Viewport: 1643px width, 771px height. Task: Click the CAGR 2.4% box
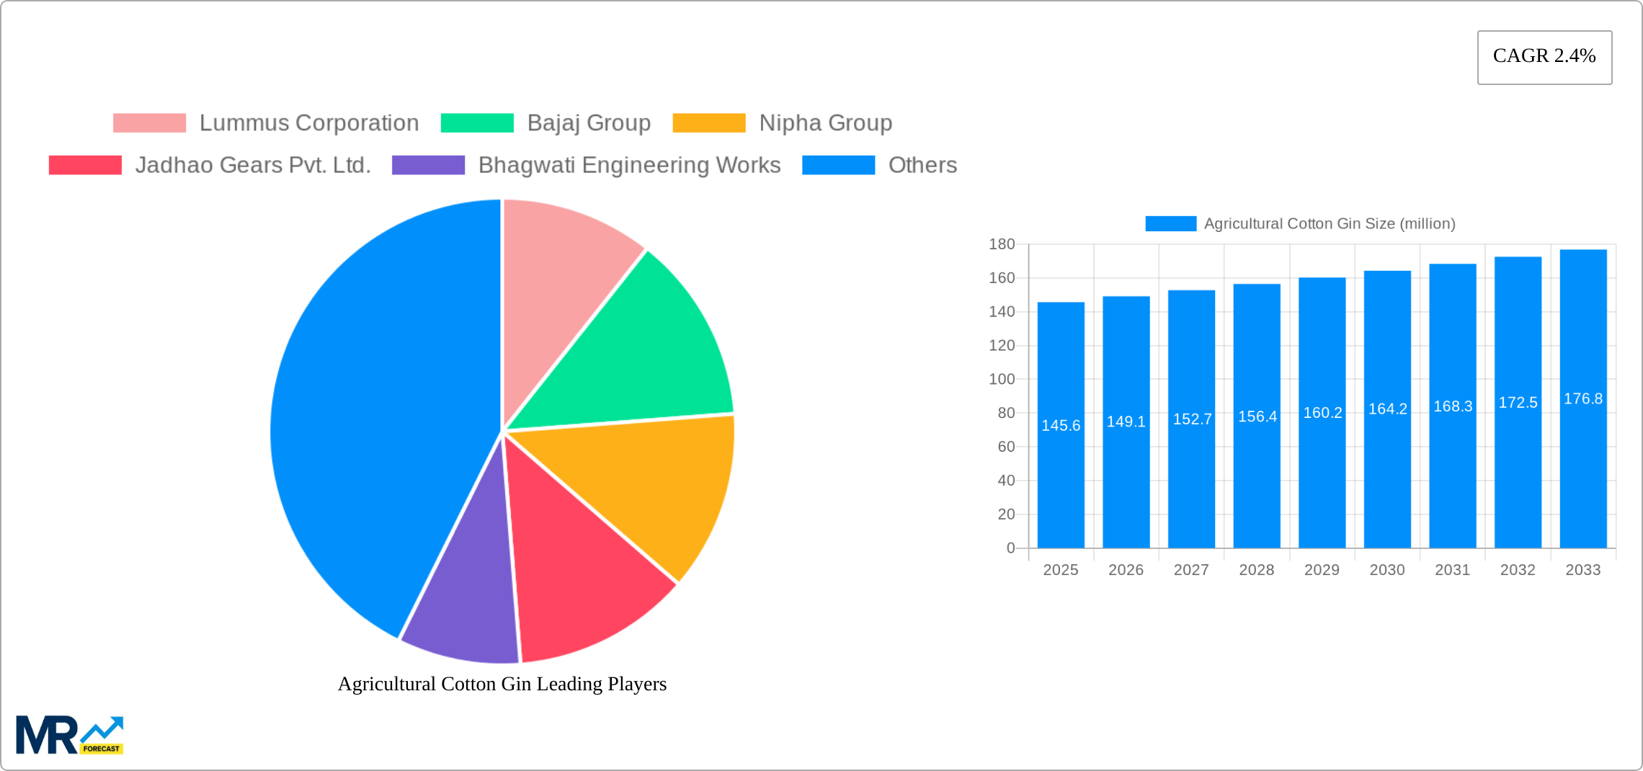pos(1544,57)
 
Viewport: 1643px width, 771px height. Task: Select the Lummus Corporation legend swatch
pos(149,123)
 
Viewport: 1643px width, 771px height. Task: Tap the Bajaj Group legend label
pos(589,123)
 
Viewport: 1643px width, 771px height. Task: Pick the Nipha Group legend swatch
pos(708,123)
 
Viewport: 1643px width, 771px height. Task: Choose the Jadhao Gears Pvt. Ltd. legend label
pos(253,165)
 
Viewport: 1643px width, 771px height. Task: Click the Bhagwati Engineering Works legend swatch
pos(428,165)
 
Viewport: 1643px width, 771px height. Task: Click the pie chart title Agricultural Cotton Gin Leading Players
pos(502,684)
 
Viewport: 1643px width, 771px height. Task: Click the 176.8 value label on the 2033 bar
pos(1583,398)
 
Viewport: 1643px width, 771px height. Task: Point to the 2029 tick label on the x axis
pos(1322,570)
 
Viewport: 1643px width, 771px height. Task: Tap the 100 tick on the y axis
pos(1002,379)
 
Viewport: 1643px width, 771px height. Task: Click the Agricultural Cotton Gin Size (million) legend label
pos(1330,224)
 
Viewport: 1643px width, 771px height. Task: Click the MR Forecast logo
pos(70,735)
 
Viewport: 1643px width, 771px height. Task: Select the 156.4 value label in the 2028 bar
pos(1257,416)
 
